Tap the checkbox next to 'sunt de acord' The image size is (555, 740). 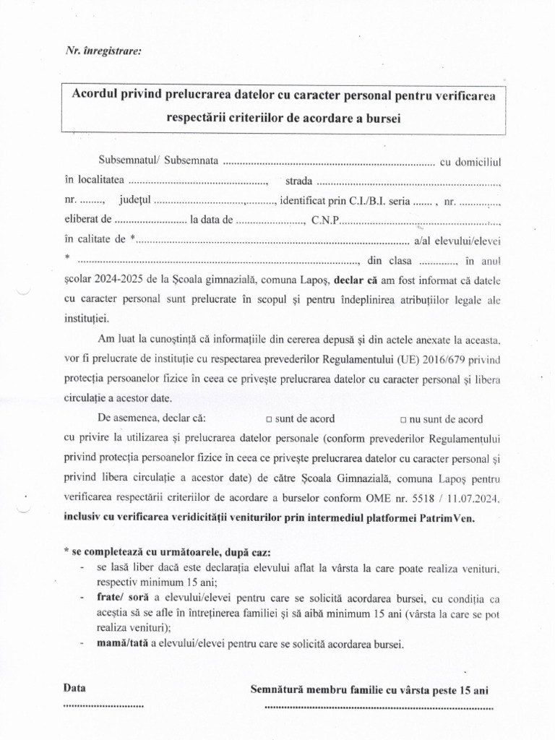tap(269, 419)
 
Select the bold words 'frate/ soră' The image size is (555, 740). tap(120, 599)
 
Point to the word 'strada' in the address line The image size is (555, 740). tap(300, 180)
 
